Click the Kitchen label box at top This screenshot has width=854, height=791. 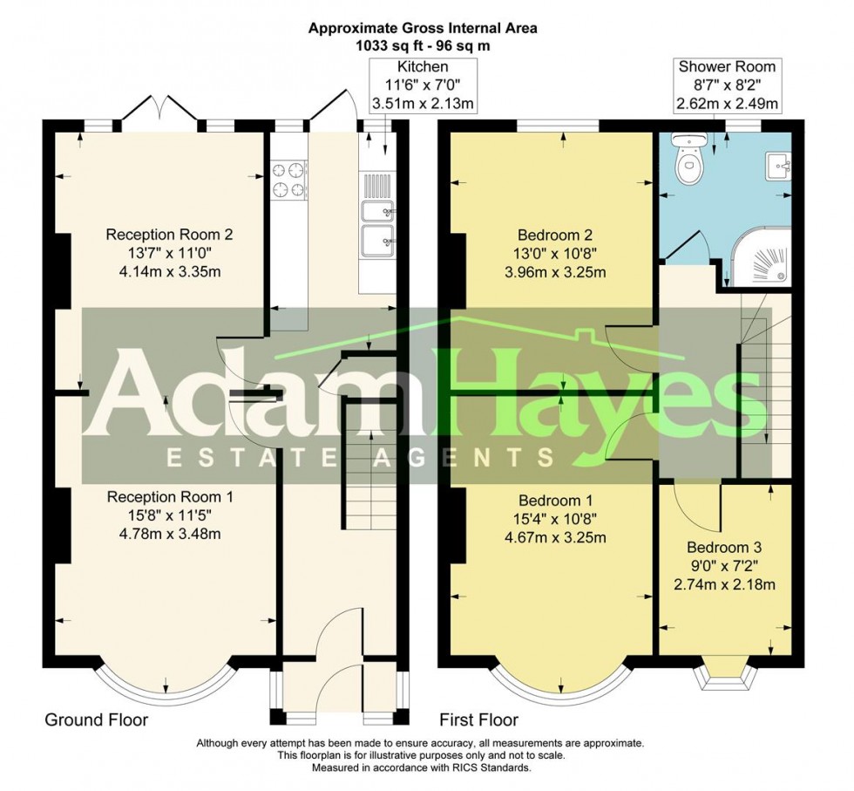[x=423, y=85]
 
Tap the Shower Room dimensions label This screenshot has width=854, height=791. [x=727, y=85]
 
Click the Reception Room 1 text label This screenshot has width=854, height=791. [x=170, y=515]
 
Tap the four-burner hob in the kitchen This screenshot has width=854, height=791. [x=289, y=178]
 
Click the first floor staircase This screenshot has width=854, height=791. [x=755, y=392]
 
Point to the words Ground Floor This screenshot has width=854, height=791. [x=96, y=719]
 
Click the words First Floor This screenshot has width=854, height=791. [x=479, y=719]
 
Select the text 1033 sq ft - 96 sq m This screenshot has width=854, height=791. [x=423, y=44]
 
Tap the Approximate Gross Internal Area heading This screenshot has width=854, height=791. [x=423, y=28]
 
